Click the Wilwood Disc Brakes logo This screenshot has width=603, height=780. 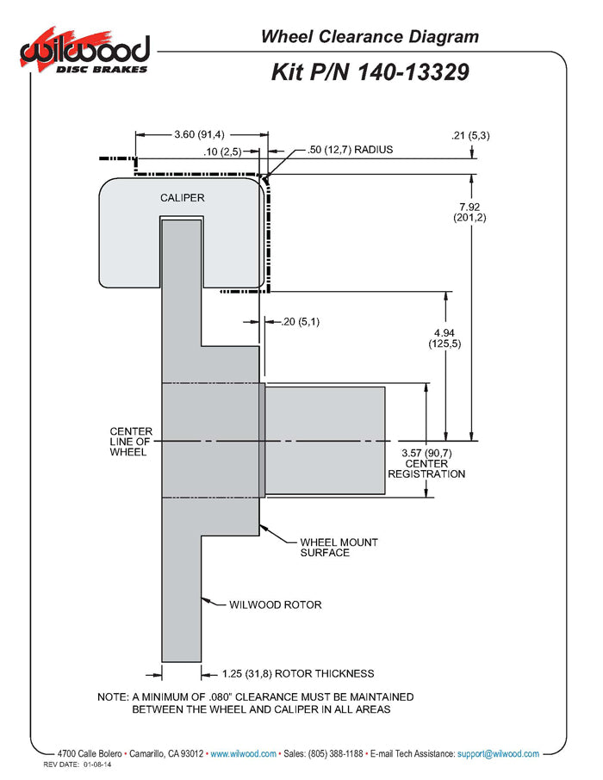pos(84,54)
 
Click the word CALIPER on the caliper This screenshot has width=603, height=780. pos(182,198)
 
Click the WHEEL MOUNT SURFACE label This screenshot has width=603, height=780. pos(339,548)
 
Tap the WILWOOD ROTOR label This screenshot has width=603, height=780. pos(275,604)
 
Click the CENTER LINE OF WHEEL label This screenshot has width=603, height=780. pos(131,442)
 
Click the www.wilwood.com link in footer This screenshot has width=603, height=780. pos(244,753)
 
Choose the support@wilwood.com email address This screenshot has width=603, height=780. pos(499,753)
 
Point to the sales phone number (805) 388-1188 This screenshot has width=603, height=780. pos(333,753)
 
